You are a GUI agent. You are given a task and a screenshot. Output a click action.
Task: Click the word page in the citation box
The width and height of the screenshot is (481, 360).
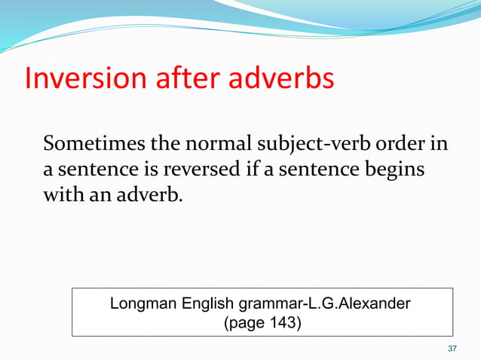coord(247,324)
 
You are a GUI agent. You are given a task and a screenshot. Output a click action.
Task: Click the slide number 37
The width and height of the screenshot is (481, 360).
coord(452,348)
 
